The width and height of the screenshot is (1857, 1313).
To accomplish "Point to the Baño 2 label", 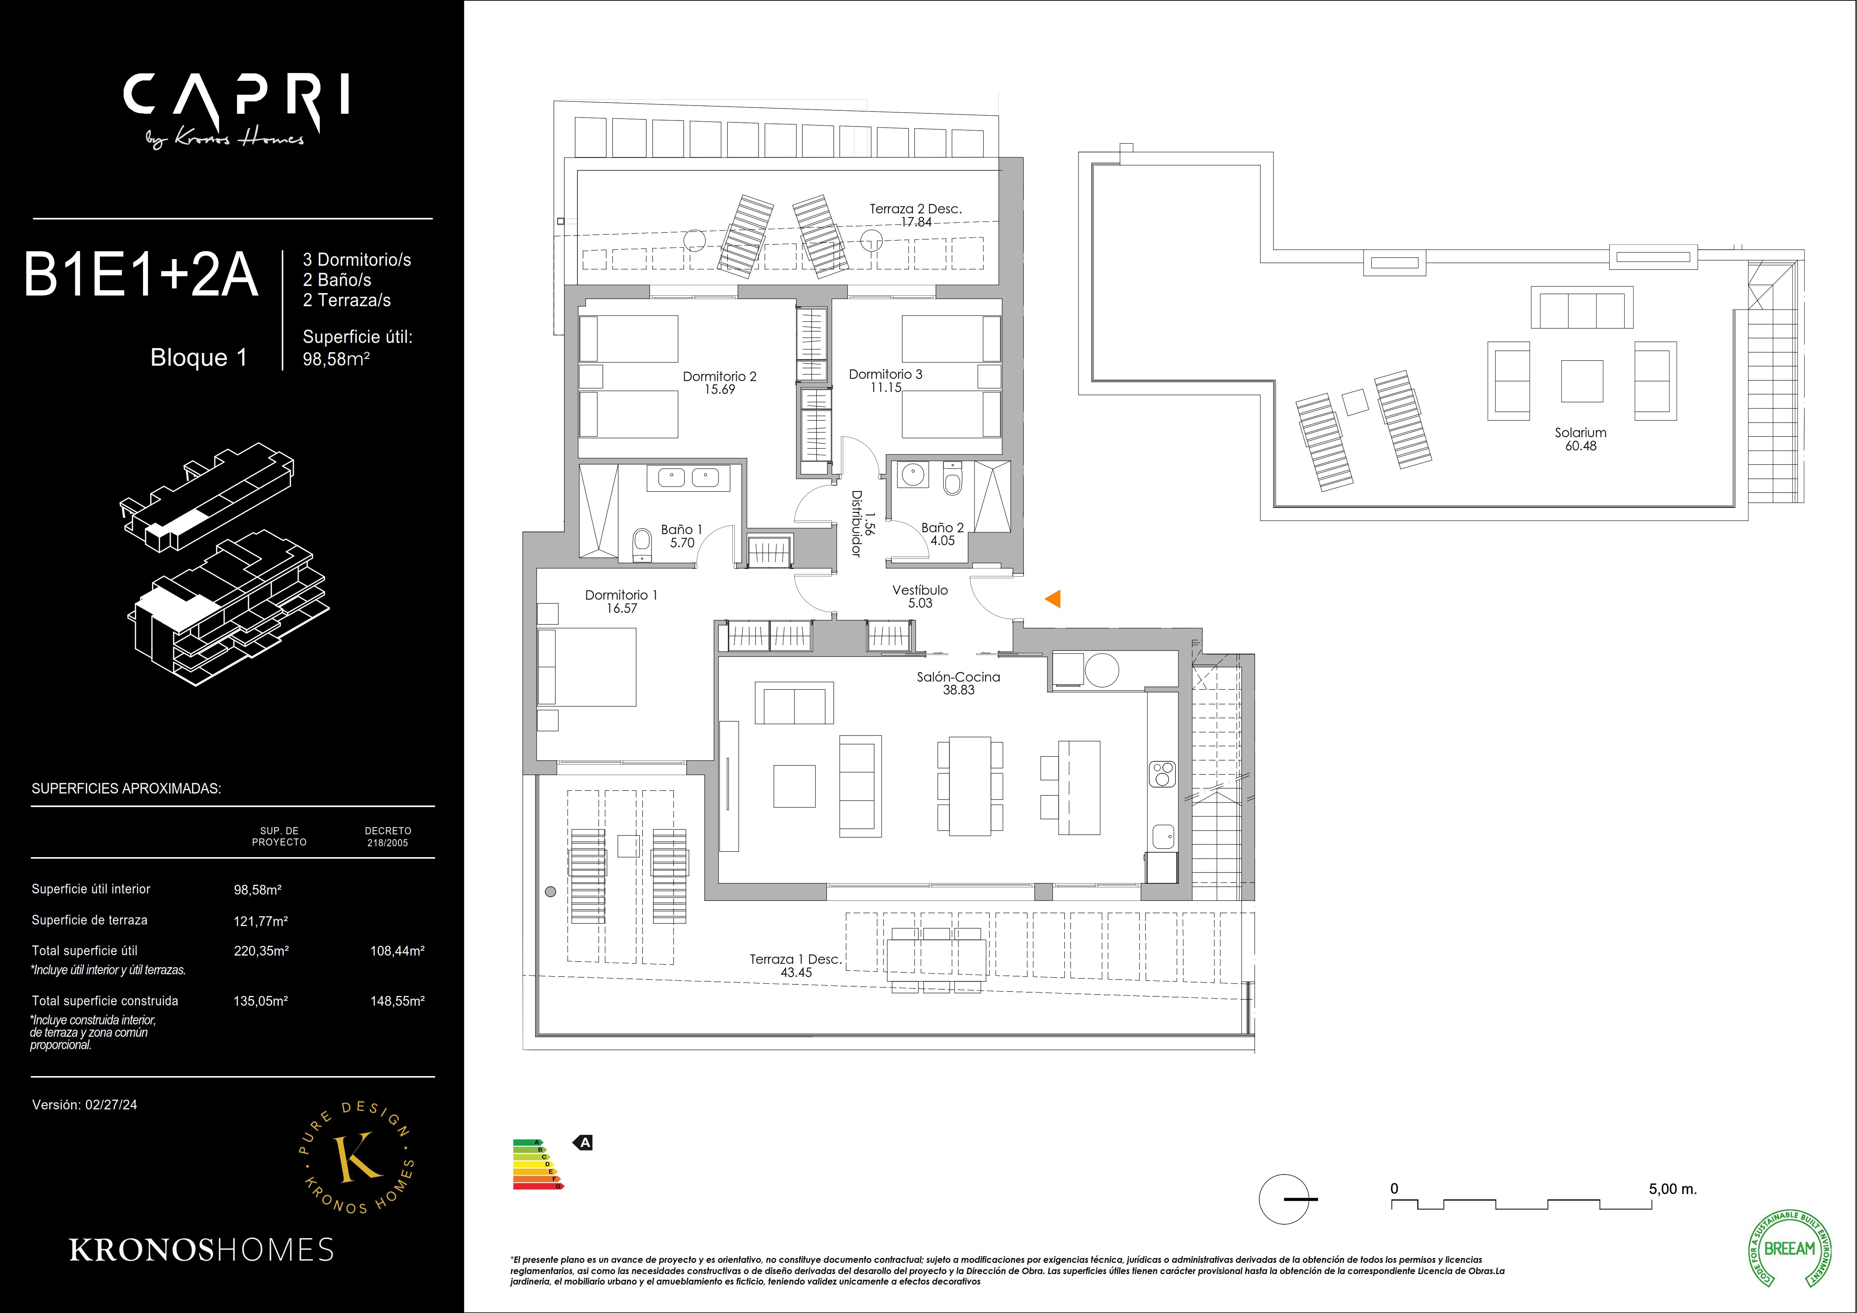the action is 942,527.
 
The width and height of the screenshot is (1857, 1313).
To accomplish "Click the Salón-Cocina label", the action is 958,677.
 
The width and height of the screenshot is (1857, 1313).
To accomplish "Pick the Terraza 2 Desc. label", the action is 915,209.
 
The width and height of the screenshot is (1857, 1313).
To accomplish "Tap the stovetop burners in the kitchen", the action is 1162,773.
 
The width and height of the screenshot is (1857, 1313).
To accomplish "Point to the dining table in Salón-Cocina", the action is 970,786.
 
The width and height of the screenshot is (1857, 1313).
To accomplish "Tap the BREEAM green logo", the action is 1790,1248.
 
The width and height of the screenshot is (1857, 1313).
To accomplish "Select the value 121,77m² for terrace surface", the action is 260,921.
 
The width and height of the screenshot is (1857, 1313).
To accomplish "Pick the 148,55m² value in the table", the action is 397,1001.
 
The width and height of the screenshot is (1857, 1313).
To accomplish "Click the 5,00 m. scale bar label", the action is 1672,1189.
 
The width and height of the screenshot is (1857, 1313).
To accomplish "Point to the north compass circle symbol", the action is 1284,1199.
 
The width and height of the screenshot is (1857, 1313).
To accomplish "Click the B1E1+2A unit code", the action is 141,275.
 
